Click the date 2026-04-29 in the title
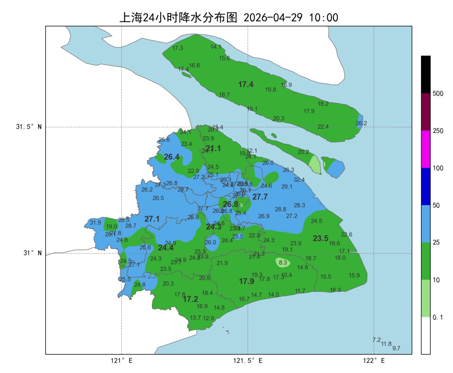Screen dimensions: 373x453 [273, 18]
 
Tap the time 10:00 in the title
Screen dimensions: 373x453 [323, 18]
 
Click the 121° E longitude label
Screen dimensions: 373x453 [122, 360]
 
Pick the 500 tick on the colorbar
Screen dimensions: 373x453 [438, 94]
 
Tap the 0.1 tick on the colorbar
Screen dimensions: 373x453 [438, 318]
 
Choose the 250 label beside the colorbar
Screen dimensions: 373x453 [438, 131]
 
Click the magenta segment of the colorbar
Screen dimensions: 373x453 [426, 149]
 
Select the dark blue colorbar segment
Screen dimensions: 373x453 [426, 186]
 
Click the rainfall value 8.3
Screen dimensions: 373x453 [283, 263]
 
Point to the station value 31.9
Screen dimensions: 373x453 [95, 223]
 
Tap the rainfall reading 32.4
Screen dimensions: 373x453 [299, 180]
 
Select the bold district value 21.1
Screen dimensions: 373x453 [213, 148]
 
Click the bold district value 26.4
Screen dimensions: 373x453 [172, 157]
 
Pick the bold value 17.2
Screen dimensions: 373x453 [190, 299]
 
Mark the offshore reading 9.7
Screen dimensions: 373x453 [396, 349]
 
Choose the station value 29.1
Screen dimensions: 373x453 [287, 187]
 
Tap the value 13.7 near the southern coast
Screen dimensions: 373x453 [195, 318]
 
